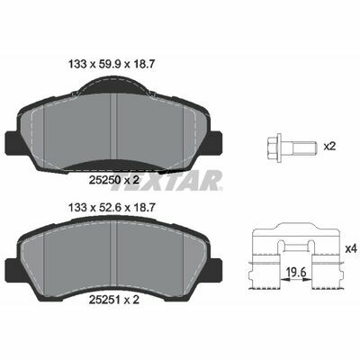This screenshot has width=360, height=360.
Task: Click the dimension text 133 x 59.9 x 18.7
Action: (x=112, y=64)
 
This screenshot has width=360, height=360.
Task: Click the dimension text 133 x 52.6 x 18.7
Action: (x=112, y=208)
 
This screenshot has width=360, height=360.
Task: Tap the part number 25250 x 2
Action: (x=114, y=180)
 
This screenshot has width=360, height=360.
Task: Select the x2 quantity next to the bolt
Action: (x=328, y=147)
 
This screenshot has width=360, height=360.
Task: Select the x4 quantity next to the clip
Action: (x=351, y=248)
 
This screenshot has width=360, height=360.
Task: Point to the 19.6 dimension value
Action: (x=296, y=273)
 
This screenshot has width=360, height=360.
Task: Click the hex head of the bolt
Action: (x=273, y=146)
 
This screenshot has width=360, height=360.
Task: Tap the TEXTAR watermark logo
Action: (x=166, y=181)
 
